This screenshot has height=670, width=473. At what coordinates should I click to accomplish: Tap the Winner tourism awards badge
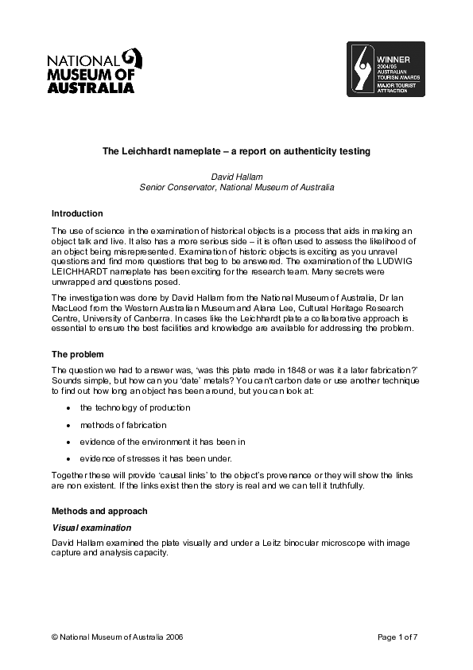point(389,69)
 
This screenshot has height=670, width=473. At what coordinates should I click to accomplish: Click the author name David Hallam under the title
point(236,176)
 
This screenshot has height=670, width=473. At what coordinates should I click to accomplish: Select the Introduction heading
point(77,213)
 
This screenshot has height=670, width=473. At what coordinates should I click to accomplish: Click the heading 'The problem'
point(77,354)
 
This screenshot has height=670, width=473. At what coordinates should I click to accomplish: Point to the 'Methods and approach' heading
point(99,510)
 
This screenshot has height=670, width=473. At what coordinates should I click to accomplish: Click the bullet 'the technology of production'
point(135,407)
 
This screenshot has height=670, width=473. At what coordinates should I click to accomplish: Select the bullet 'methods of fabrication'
point(123,425)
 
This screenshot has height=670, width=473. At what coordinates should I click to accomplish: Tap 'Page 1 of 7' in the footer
point(397,637)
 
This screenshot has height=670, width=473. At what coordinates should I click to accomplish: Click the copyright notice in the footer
point(110,637)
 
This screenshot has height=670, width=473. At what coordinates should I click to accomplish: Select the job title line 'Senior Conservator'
point(236,187)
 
